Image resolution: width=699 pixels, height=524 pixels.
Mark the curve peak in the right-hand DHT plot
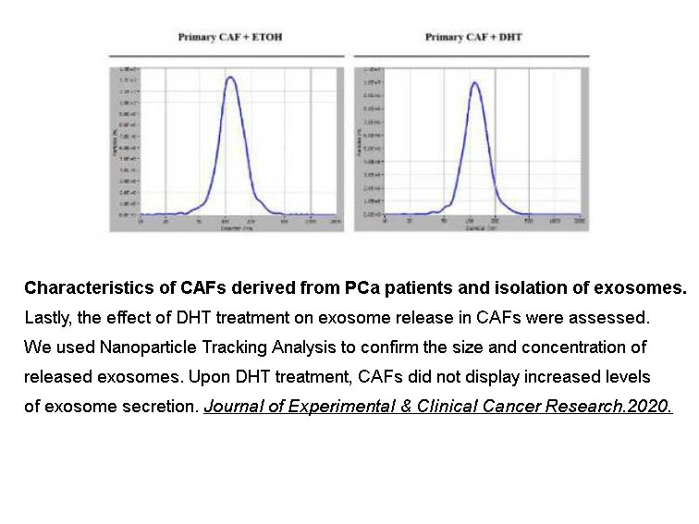coord(474,82)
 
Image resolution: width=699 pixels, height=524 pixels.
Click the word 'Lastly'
coord(47,317)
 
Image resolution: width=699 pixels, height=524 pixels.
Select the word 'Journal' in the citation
coord(231,407)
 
